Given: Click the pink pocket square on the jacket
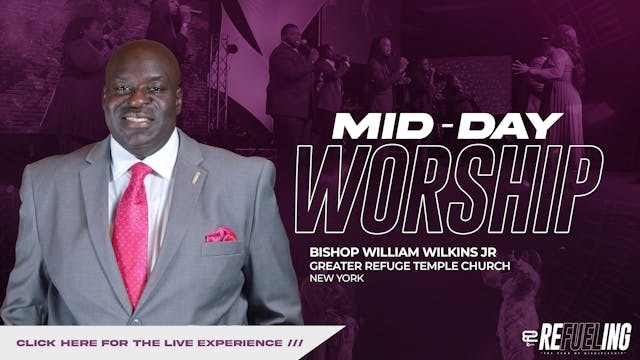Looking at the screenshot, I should coord(220,235).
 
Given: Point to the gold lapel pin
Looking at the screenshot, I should coord(198,176).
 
